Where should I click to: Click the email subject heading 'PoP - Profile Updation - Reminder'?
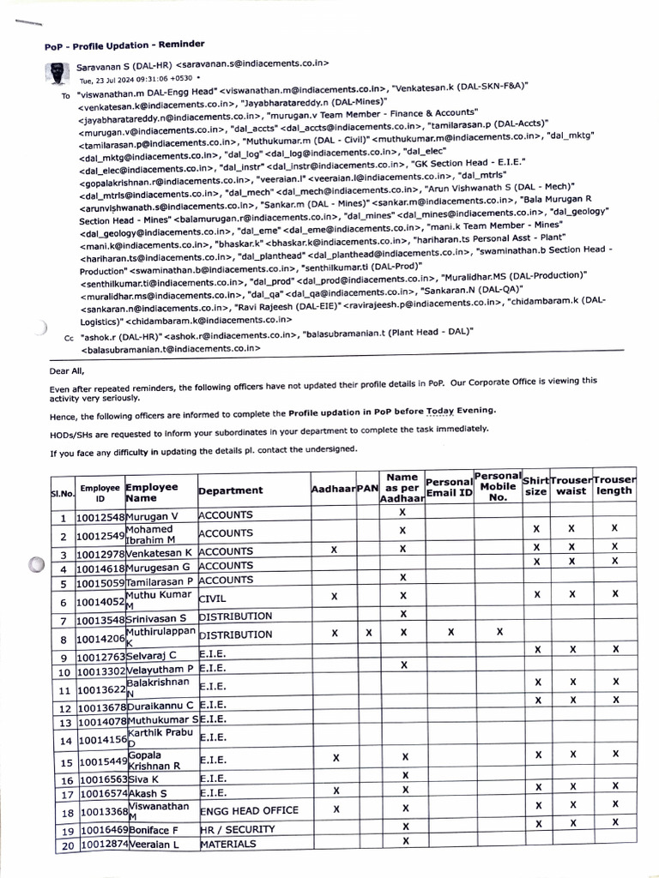(124, 45)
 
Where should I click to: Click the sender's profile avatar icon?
(57, 72)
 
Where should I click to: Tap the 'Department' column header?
(230, 490)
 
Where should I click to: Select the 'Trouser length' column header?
(614, 485)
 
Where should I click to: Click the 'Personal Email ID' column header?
(449, 488)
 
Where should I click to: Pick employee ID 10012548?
(100, 517)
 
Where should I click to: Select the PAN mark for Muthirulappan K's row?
(368, 634)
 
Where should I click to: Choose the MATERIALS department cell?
(227, 845)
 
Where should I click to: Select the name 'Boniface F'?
(153, 830)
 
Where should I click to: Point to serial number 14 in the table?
(63, 739)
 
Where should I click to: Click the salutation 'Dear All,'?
(67, 371)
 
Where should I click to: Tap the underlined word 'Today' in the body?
(441, 411)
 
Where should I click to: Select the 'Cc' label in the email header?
(69, 339)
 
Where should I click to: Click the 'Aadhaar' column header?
(333, 489)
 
